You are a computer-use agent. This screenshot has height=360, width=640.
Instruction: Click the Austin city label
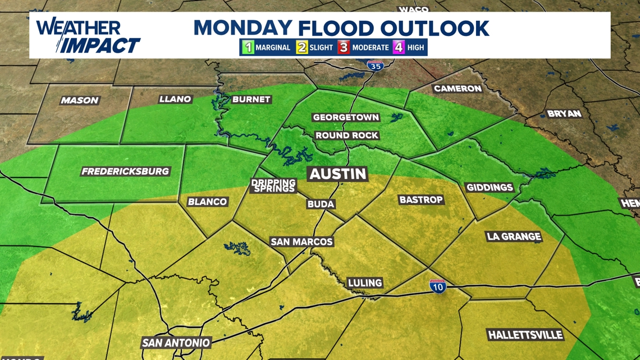pyautogui.click(x=338, y=174)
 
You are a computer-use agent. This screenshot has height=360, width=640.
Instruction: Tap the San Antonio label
pyautogui.click(x=176, y=342)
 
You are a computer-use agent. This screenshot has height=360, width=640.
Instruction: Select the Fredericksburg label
pyautogui.click(x=125, y=171)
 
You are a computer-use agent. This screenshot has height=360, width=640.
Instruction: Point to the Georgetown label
pyautogui.click(x=346, y=117)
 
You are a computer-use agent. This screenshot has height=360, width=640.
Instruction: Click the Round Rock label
pyautogui.click(x=346, y=135)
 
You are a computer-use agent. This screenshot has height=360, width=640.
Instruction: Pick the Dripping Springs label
pyautogui.click(x=273, y=185)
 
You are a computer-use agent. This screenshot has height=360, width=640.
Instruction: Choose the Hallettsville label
pyautogui.click(x=525, y=335)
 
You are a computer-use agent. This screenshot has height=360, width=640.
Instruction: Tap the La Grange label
pyautogui.click(x=514, y=236)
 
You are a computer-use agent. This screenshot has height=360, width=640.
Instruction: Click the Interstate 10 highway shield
pyautogui.click(x=437, y=286)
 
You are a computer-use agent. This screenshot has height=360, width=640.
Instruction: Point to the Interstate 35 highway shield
pyautogui.click(x=375, y=66)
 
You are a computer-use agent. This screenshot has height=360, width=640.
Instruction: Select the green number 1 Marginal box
pyautogui.click(x=248, y=47)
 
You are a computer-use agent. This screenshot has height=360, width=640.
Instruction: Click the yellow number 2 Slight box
pyautogui.click(x=302, y=47)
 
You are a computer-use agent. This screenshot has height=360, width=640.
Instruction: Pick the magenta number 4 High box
pyautogui.click(x=399, y=47)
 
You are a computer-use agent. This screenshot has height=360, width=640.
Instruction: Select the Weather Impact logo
pyautogui.click(x=88, y=36)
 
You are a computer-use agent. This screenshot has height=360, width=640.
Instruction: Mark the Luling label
pyautogui.click(x=364, y=282)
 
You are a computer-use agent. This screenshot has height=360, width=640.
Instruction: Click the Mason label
pyautogui.click(x=80, y=101)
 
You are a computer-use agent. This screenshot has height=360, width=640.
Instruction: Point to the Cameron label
pyautogui.click(x=458, y=88)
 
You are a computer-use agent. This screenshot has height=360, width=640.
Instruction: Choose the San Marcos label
pyautogui.click(x=301, y=241)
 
